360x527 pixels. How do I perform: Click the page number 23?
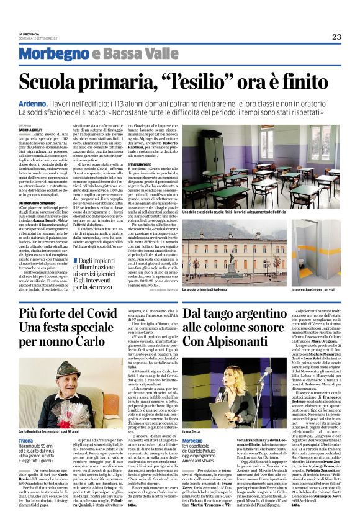pyautogui.click(x=336, y=37)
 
